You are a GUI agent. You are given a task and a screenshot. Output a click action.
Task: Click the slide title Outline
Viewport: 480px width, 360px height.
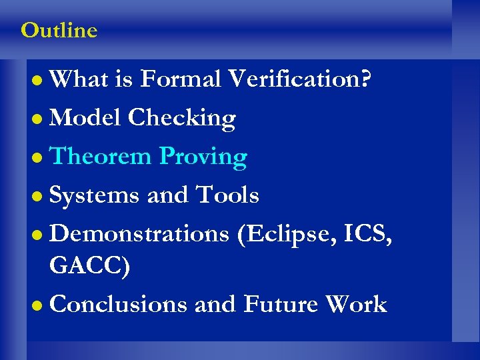coord(59,31)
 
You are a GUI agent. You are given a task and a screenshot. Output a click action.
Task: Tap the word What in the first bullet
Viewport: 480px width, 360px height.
coord(79,79)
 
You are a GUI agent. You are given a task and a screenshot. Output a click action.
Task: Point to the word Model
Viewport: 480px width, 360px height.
coord(85,118)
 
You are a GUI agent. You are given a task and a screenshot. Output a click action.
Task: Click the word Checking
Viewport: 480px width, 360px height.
coord(182,119)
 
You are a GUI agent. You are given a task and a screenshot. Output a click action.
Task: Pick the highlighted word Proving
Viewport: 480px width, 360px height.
coord(203,157)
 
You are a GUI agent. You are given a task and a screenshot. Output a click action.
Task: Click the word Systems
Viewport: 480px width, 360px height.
coord(95,196)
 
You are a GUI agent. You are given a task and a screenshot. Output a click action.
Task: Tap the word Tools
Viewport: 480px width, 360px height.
coord(227,195)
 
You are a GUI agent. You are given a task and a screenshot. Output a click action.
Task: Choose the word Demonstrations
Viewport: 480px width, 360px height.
coord(139,234)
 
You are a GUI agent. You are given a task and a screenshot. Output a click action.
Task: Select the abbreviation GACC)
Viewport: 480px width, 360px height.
coord(90,266)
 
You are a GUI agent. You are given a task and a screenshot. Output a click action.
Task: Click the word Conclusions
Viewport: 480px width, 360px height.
coord(118,304)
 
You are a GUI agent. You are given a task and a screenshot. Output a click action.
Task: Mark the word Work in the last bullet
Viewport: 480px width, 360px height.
coord(356,304)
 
